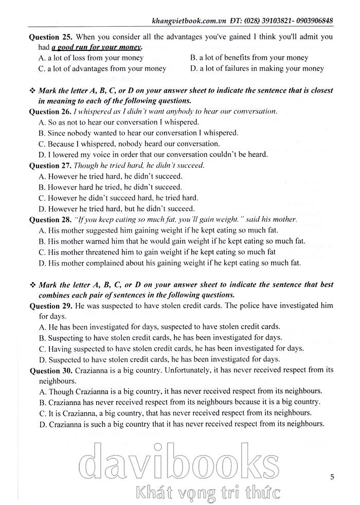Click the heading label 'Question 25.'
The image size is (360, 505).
click(50, 37)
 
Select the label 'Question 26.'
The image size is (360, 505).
click(50, 111)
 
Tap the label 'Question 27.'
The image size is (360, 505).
click(50, 165)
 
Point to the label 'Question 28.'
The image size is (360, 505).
click(50, 219)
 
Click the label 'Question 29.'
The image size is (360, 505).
click(50, 306)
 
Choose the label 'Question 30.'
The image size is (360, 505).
click(50, 370)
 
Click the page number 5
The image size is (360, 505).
click(332, 477)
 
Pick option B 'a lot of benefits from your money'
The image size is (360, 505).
click(249, 58)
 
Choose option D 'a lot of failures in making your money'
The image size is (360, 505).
click(257, 68)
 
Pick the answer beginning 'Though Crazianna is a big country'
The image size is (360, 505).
click(181, 391)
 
